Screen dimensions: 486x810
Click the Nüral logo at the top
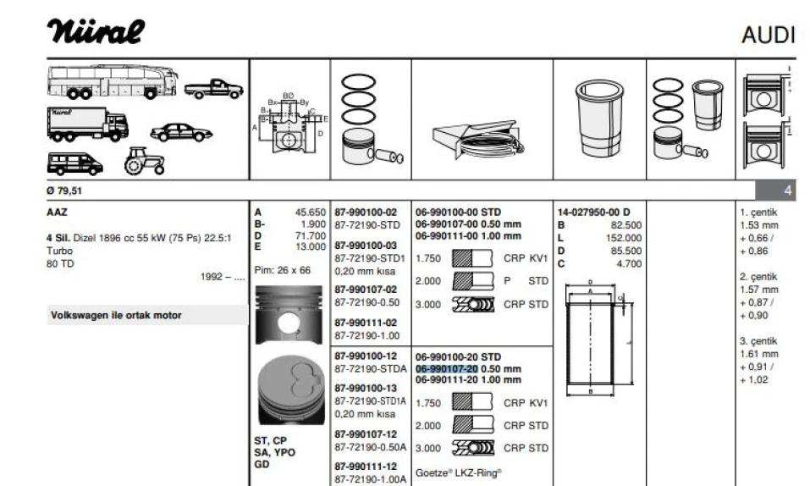[96, 31]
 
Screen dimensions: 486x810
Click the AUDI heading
[768, 35]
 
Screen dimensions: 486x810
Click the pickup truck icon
[214, 86]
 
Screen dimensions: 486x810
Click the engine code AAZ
[57, 212]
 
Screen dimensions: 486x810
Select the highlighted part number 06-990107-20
[447, 368]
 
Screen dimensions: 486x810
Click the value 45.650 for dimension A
[310, 213]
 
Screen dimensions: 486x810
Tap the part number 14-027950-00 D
[598, 212]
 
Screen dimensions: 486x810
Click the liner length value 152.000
[625, 238]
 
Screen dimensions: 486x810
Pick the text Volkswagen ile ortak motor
[116, 316]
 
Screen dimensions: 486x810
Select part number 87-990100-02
[366, 212]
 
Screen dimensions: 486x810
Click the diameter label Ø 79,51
[66, 190]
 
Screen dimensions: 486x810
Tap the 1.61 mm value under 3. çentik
[758, 354]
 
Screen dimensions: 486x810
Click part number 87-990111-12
[366, 467]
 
